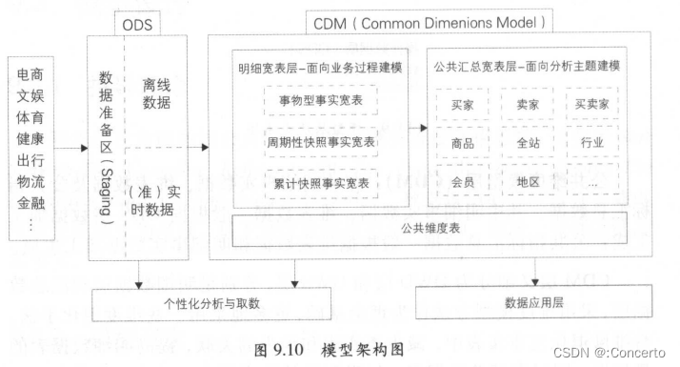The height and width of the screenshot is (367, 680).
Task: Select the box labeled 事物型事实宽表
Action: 320,100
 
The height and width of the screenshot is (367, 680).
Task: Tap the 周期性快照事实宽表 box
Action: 320,141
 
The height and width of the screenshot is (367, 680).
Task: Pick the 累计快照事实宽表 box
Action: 320,182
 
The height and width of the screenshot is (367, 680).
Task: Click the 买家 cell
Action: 463,102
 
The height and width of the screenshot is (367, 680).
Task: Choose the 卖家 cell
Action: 528,102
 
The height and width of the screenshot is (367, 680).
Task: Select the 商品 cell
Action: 463,142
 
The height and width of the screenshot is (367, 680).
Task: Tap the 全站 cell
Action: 528,142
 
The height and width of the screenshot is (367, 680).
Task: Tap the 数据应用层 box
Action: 535,302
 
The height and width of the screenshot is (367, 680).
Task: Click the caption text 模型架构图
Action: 367,349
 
